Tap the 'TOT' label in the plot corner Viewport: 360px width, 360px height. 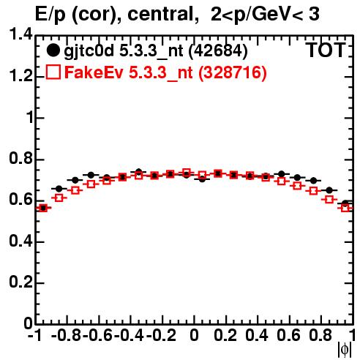pos(326,50)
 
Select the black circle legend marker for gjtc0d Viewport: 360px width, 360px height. pos(53,50)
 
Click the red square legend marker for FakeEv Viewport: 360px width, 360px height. pos(53,72)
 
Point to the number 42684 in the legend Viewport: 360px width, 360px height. pos(218,51)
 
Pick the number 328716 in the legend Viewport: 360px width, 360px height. pos(233,72)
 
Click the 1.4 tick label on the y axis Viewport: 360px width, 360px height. pos(20,35)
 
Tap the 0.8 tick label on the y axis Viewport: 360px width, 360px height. pos(20,159)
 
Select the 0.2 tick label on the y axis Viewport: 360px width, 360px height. pos(20,282)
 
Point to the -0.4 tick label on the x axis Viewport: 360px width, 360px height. pos(130,335)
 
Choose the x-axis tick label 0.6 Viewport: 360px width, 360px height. pos(288,335)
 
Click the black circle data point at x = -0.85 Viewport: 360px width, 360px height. pos(59,189)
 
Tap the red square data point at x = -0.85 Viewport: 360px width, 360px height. pos(59,198)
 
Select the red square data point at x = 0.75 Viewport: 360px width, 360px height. pos(313,191)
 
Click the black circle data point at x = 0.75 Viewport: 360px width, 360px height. pos(313,181)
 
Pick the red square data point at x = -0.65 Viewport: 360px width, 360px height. pos(91,184)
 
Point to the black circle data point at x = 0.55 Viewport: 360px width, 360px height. pos(282,174)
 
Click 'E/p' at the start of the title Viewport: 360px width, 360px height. pos(50,15)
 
